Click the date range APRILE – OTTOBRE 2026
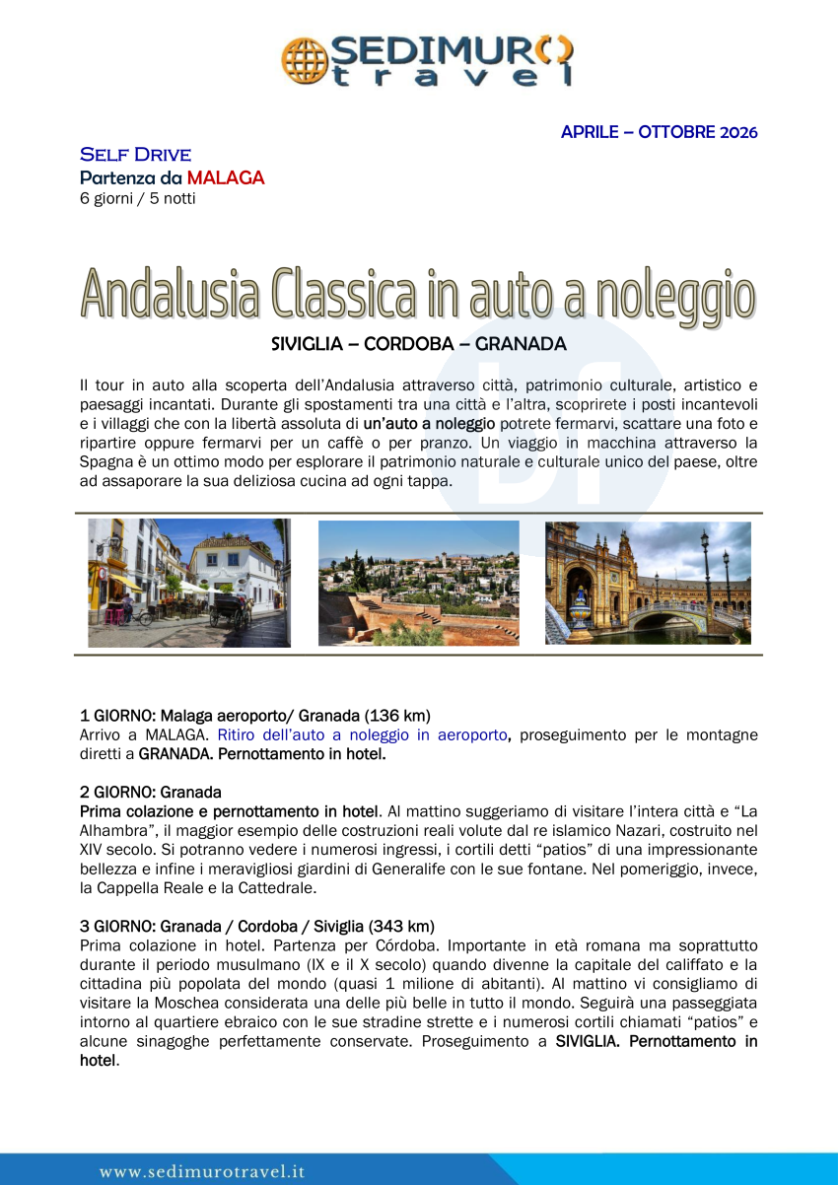click(659, 132)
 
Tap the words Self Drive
click(135, 155)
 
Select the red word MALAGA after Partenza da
click(226, 178)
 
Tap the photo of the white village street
click(189, 583)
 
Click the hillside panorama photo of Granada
click(418, 583)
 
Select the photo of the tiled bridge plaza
click(648, 583)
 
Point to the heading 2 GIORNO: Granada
click(150, 792)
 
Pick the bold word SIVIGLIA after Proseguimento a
click(588, 1041)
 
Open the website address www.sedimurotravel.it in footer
click(202, 1171)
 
